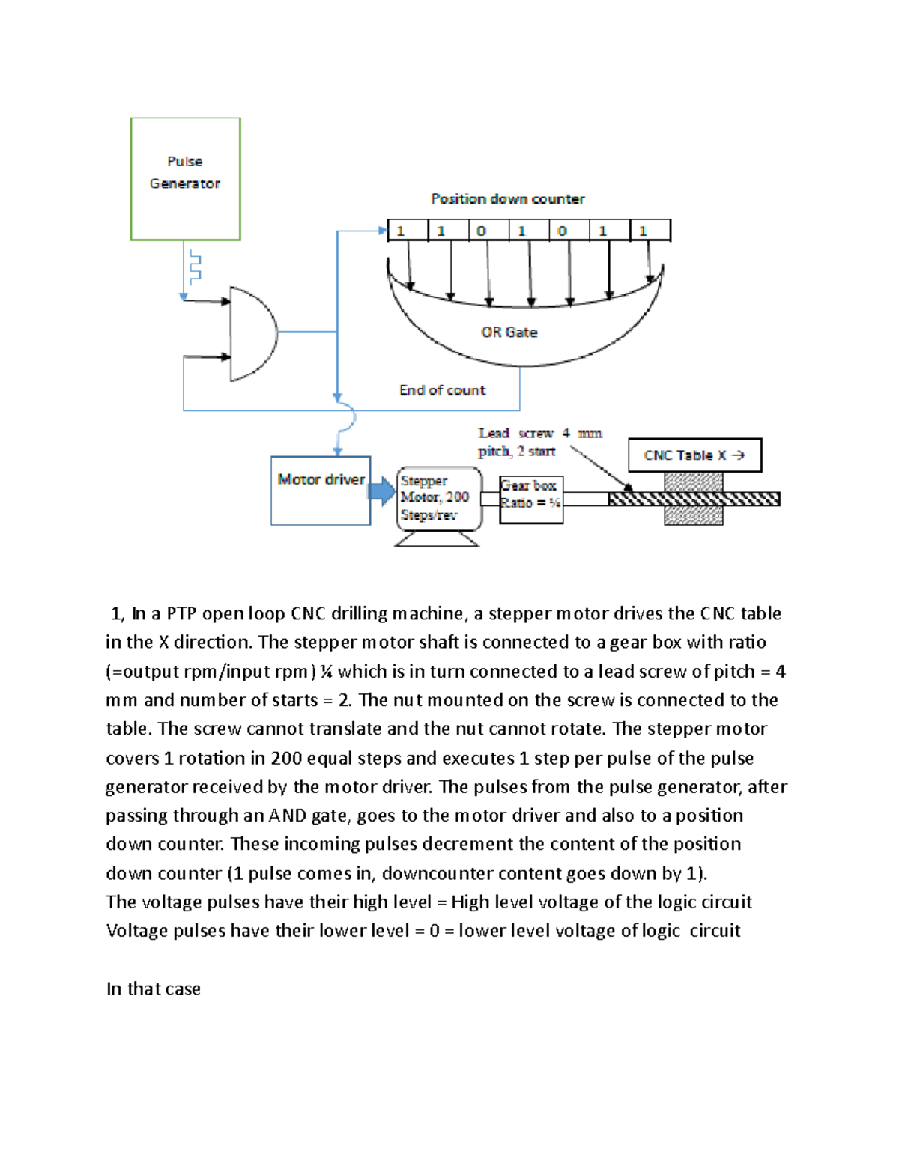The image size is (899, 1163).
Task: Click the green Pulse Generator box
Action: [185, 178]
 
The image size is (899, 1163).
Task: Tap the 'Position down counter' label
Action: [507, 199]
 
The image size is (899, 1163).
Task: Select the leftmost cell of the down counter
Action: [407, 231]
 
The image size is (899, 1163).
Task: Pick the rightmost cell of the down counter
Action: [650, 231]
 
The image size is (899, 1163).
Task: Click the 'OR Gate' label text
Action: [509, 332]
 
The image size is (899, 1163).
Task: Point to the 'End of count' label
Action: [442, 390]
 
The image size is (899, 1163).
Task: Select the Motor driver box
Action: [321, 491]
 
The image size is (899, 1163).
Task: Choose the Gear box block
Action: [530, 499]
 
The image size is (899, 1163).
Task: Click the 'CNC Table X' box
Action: [694, 455]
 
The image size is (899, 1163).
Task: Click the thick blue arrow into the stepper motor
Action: [382, 491]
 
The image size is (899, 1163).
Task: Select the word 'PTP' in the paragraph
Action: [181, 614]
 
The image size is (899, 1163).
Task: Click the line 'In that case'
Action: [154, 989]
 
